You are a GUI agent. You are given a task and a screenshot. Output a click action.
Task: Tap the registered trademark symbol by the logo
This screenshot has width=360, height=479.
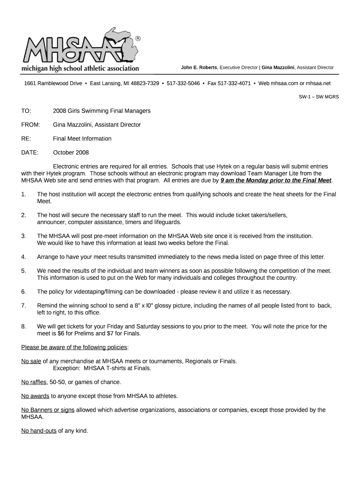(137, 38)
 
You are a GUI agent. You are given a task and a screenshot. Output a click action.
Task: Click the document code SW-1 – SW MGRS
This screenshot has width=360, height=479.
(319, 97)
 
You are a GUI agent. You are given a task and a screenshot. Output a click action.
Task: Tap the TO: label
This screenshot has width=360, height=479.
(26, 111)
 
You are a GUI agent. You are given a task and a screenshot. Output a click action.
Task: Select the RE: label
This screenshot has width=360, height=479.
(26, 138)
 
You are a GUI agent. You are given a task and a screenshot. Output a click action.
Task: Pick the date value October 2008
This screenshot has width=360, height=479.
(71, 152)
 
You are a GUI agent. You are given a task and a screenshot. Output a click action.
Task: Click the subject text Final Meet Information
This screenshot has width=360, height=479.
(82, 138)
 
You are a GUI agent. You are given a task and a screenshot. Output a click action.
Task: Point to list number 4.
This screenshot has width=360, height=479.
(23, 257)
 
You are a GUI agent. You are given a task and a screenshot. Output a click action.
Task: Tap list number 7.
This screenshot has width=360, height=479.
(23, 305)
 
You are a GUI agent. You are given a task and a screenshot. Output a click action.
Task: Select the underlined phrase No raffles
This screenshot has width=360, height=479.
(34, 382)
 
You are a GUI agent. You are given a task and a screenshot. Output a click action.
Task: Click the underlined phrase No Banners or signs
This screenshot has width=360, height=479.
(48, 410)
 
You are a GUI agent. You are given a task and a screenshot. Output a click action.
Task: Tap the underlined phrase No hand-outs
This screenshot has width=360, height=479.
(39, 430)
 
